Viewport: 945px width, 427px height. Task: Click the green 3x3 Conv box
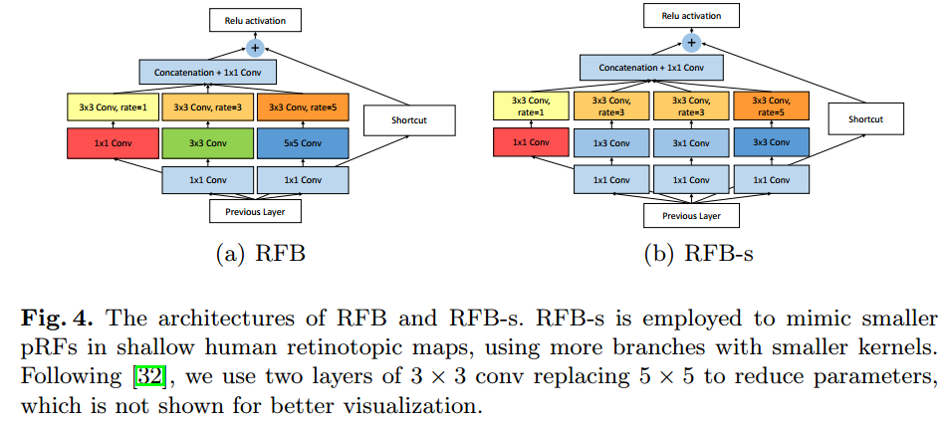tap(208, 142)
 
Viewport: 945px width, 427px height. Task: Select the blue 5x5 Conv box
tap(304, 142)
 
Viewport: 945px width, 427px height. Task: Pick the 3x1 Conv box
tap(691, 142)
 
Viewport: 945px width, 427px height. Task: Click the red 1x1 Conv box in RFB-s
tap(531, 142)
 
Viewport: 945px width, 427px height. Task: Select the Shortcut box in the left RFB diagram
tap(408, 120)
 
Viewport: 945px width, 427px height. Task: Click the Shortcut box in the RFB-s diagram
tap(864, 119)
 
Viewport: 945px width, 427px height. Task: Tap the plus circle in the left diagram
tap(255, 47)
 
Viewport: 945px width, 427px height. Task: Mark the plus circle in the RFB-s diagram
tap(691, 42)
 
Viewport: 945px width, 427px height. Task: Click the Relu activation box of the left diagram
tap(255, 19)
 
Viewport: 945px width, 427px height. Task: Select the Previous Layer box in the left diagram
tap(256, 211)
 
